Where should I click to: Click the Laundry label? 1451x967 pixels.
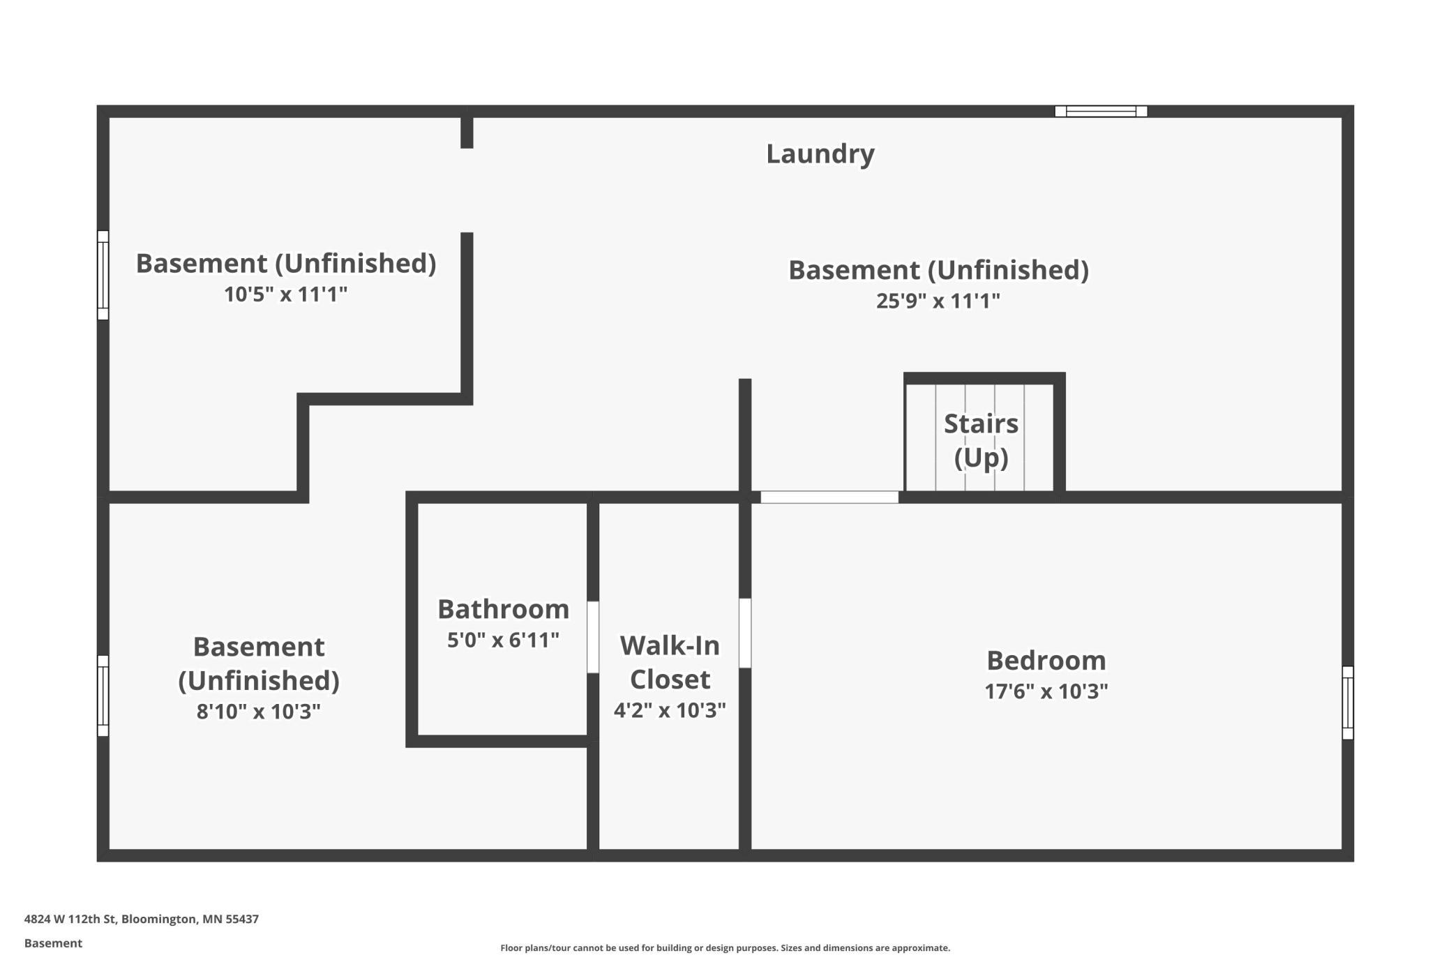(x=820, y=154)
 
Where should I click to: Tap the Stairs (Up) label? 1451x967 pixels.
(x=981, y=440)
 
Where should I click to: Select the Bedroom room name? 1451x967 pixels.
(x=1046, y=660)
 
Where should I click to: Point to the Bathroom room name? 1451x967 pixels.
(x=503, y=609)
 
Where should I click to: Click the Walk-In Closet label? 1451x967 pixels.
(x=670, y=662)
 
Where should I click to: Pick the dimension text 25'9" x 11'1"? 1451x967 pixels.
(x=938, y=301)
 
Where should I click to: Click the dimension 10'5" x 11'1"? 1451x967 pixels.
(x=285, y=294)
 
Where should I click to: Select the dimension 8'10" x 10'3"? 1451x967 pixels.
(x=258, y=712)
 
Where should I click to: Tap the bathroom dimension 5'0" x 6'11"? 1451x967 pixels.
(x=503, y=640)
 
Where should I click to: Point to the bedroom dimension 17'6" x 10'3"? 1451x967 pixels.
(x=1046, y=691)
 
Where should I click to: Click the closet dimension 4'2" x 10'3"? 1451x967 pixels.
(x=670, y=710)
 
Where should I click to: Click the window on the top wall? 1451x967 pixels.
(x=1101, y=111)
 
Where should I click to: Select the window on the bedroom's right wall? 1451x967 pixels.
(x=1348, y=703)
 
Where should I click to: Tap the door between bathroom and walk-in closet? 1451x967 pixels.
(x=593, y=637)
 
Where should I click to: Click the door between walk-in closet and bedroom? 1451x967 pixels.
(x=745, y=633)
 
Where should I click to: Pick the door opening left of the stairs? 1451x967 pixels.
(x=829, y=497)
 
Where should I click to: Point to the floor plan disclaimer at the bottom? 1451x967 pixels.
(x=725, y=947)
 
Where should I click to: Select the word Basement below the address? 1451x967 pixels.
(x=53, y=943)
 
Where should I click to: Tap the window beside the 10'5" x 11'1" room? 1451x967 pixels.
(x=103, y=275)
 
